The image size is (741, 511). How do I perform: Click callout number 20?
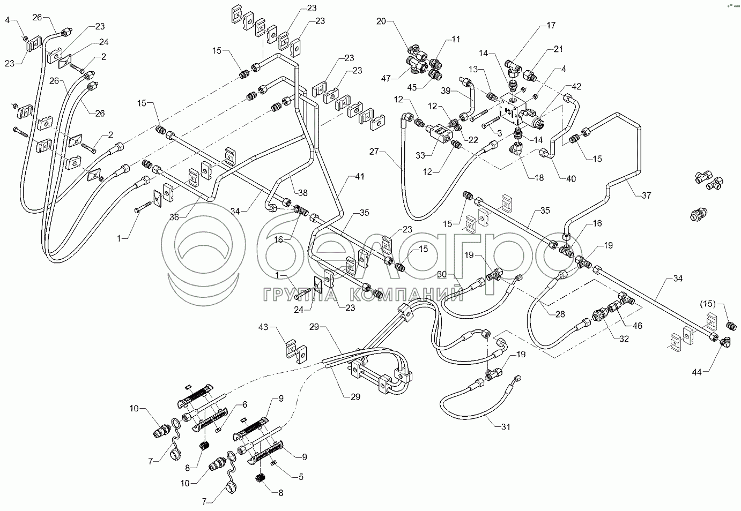point(381,22)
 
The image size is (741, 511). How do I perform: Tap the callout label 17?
point(551,25)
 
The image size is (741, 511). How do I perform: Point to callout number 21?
point(558,49)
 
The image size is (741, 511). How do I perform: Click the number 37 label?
point(647,196)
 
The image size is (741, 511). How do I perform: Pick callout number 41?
point(359,176)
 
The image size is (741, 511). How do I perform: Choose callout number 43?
point(263,327)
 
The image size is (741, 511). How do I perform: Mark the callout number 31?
point(506,427)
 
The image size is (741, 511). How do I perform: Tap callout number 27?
point(374,152)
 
